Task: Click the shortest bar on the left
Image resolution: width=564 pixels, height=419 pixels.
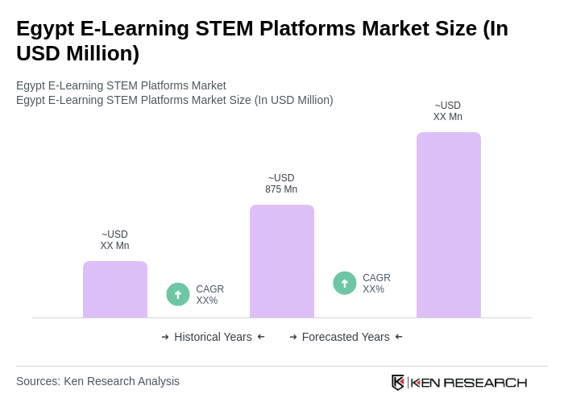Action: (115, 289)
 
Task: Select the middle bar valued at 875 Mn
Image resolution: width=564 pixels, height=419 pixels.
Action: (282, 261)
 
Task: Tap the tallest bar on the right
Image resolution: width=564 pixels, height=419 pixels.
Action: (449, 225)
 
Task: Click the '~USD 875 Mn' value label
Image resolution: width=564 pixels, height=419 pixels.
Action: (281, 184)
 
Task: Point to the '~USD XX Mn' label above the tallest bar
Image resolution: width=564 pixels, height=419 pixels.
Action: (448, 111)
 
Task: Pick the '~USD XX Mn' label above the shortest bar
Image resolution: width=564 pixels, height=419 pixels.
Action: (114, 240)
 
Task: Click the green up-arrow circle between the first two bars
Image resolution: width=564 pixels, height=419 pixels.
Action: (178, 294)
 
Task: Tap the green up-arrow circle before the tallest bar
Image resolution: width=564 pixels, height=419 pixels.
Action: (345, 283)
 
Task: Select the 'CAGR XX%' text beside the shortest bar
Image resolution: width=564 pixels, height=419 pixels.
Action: (209, 295)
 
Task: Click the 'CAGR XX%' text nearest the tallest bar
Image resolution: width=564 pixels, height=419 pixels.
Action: (376, 284)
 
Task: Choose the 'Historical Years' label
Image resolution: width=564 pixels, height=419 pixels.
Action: (213, 337)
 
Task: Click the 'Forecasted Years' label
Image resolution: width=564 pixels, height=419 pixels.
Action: (346, 337)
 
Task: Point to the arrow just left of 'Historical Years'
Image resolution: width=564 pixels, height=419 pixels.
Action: (165, 337)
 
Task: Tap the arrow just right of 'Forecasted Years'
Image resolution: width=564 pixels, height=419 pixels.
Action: (399, 337)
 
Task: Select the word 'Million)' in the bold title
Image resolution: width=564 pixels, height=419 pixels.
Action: (101, 53)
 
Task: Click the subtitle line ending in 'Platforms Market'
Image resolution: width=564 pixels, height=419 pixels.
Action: (121, 85)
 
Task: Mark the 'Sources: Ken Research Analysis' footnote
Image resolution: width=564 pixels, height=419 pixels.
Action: (97, 381)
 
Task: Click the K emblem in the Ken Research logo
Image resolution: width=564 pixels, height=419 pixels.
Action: (398, 382)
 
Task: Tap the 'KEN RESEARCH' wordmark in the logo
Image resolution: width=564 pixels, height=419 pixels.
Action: (469, 382)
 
